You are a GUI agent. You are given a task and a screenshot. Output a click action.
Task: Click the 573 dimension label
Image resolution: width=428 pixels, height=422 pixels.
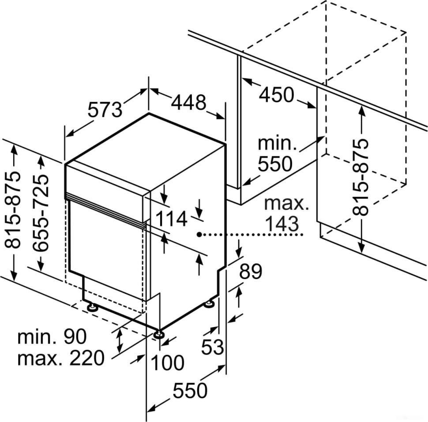tap(105, 109)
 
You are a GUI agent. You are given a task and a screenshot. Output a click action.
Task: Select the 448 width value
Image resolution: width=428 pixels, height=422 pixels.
tap(188, 103)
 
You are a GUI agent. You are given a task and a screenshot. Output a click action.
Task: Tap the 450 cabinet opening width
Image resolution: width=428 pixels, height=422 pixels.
tap(276, 94)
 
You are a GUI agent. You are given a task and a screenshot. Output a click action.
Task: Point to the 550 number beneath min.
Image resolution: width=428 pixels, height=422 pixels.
tap(275, 164)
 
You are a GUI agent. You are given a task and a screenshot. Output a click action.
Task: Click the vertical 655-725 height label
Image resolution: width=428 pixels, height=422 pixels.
tap(42, 213)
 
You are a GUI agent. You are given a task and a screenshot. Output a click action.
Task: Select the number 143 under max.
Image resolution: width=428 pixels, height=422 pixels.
tap(282, 224)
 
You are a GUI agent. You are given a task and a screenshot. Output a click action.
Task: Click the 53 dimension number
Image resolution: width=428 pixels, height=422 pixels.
tap(213, 347)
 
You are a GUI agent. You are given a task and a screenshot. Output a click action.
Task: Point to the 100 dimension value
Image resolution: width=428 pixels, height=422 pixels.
tap(167, 363)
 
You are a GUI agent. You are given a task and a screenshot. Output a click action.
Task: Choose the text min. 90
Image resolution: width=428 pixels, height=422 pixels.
tap(52, 337)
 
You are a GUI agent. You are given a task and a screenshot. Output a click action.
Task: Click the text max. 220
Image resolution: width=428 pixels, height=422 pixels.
tap(60, 358)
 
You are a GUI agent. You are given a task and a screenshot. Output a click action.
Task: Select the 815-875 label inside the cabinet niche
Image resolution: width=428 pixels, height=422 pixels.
tap(361, 177)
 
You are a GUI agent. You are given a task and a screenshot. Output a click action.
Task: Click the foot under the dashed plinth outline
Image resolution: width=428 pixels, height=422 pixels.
tap(92, 307)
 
